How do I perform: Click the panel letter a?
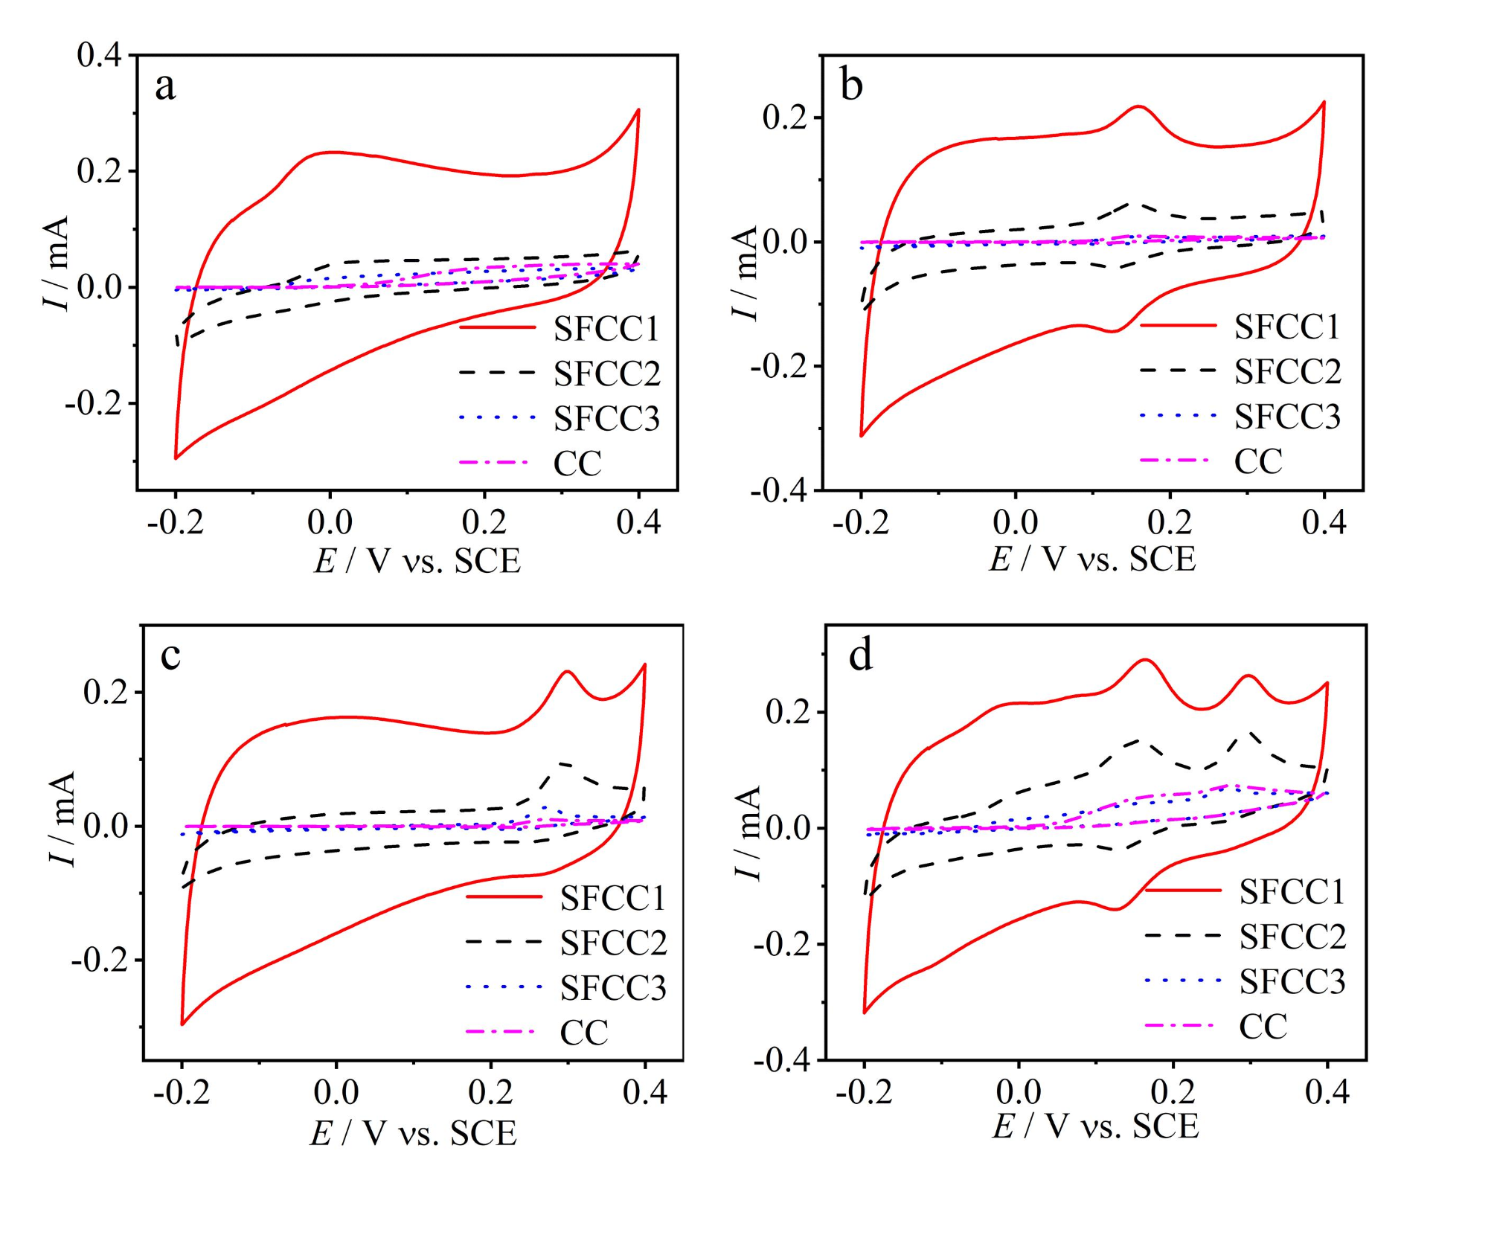point(165,86)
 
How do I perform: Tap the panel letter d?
point(861,656)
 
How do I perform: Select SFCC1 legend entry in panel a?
point(606,329)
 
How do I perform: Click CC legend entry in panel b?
point(1258,461)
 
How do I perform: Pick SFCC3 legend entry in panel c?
point(613,988)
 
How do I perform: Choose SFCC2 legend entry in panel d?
point(1292,937)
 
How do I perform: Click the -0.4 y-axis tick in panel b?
point(780,491)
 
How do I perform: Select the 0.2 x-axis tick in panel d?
point(1173,1092)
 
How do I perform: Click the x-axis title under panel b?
point(1092,559)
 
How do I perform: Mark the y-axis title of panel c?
point(62,818)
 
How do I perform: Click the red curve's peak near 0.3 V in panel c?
point(568,671)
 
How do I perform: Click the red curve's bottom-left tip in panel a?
point(176,458)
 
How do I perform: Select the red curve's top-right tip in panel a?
point(638,110)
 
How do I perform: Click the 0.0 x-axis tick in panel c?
point(336,1092)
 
